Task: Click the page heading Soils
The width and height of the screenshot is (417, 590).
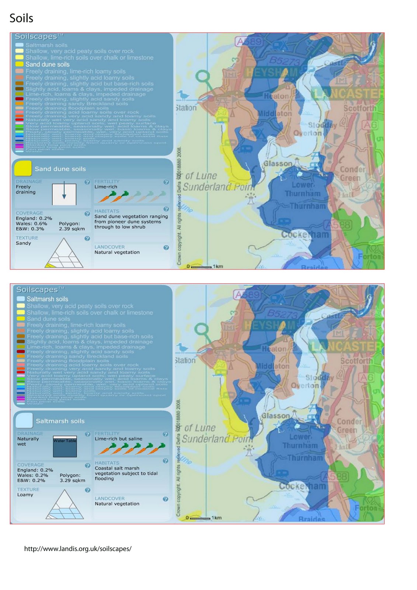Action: [21, 18]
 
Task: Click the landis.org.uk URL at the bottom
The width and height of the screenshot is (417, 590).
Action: [78, 549]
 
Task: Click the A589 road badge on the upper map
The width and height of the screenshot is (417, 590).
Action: [249, 41]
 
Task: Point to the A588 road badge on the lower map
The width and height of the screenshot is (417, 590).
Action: [335, 477]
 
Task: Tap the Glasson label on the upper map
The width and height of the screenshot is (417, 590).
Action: [278, 163]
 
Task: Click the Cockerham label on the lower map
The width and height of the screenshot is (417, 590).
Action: [302, 486]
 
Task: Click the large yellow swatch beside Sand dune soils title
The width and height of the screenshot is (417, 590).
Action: [22, 169]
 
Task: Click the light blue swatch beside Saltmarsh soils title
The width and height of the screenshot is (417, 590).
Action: [24, 420]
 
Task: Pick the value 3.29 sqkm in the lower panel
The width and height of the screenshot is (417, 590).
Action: [73, 480]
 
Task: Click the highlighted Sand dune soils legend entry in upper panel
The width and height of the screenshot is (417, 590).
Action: [47, 65]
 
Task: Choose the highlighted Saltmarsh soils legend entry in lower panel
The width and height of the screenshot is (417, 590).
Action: [47, 299]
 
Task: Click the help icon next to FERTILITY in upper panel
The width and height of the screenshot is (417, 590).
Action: [166, 182]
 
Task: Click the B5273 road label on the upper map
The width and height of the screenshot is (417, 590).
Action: [285, 61]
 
